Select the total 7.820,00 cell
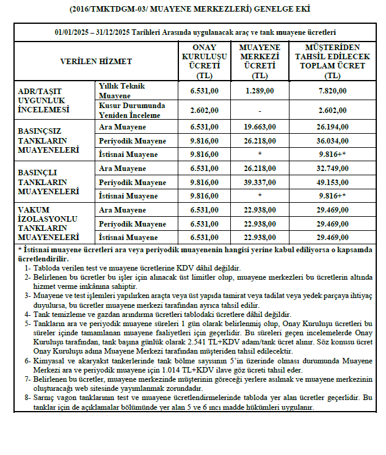[333, 91]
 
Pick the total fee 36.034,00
[333, 140]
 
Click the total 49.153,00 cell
[333, 182]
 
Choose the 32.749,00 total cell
[333, 169]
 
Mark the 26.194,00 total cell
[333, 127]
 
